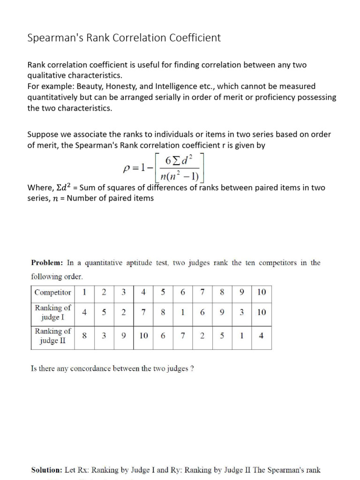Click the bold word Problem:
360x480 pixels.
(x=47, y=263)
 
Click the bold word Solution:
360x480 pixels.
(x=46, y=470)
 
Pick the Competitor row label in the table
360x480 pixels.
(x=53, y=292)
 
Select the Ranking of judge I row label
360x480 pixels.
(x=53, y=312)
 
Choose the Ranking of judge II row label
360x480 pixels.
(x=53, y=336)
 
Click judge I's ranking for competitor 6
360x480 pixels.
(x=182, y=312)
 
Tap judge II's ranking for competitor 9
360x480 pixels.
(x=241, y=336)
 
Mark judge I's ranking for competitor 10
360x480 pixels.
(x=261, y=312)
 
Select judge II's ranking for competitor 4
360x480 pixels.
(x=143, y=336)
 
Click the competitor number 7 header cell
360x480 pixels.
(x=202, y=292)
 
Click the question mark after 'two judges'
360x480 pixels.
(x=192, y=368)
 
